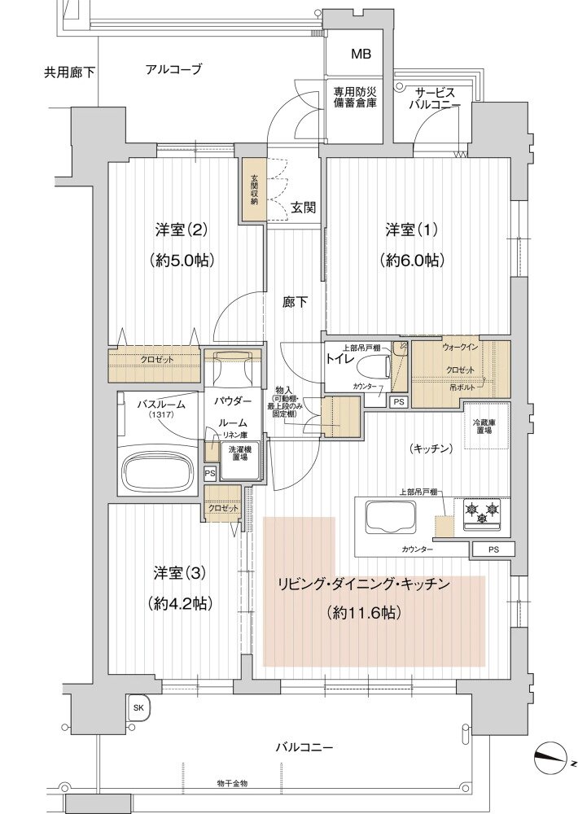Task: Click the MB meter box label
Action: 361,55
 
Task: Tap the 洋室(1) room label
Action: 411,230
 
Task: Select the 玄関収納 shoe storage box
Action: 252,190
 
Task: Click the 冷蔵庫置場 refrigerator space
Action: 487,427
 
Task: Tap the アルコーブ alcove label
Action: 173,69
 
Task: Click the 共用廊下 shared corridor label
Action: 69,72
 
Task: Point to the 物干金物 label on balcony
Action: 232,783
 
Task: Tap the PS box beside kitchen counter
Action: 493,550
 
